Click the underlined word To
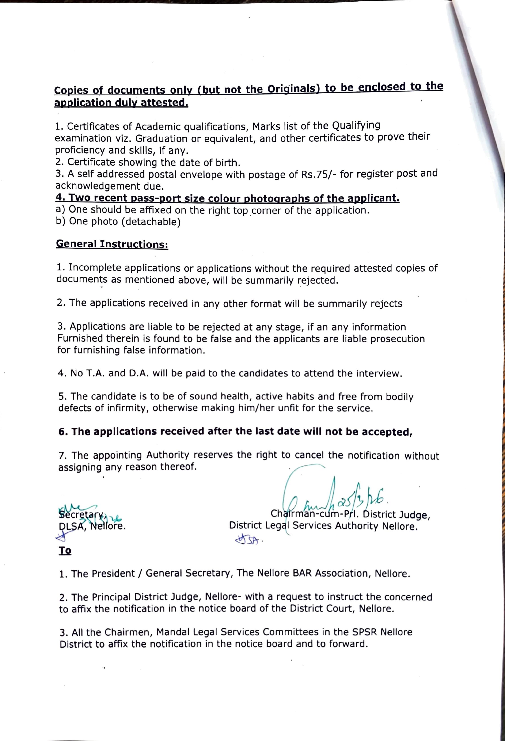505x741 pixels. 65,551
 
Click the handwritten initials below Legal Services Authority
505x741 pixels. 249,540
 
